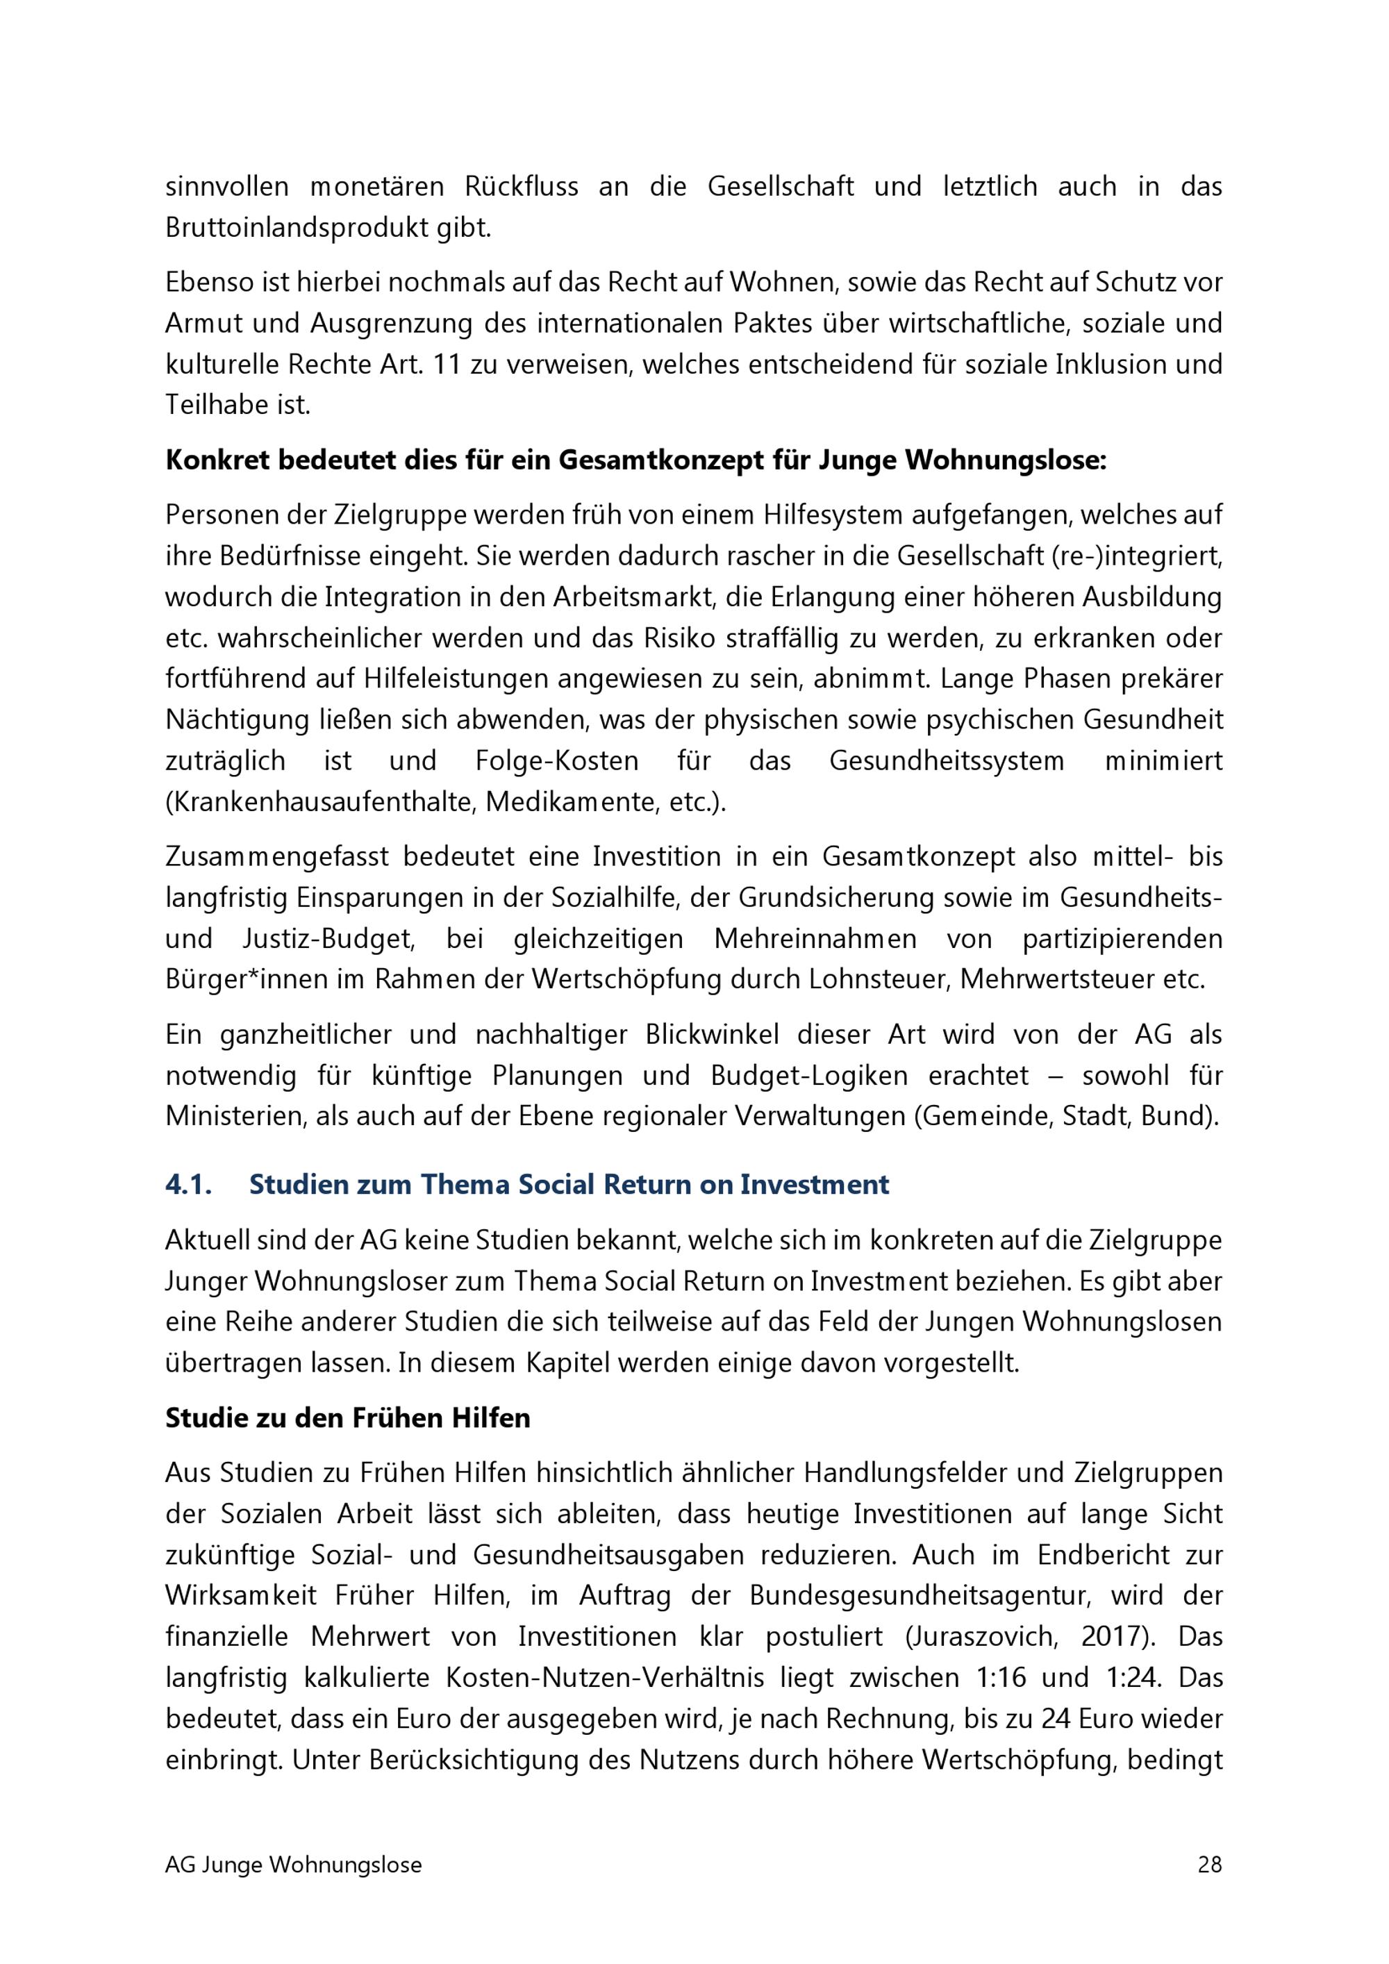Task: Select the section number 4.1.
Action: click(188, 1185)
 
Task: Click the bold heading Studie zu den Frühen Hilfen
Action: click(347, 1417)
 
